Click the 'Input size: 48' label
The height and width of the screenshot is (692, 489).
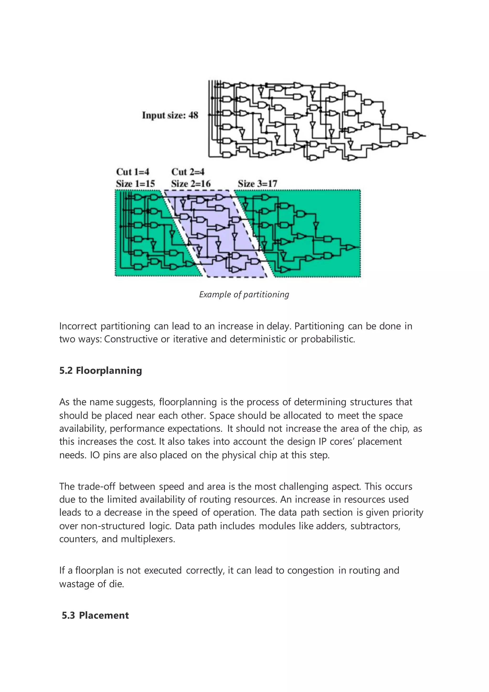click(x=170, y=115)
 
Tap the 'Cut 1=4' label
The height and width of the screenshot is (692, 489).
click(x=133, y=172)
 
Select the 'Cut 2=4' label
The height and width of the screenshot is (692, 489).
click(x=188, y=172)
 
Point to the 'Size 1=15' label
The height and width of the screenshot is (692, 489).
click(x=135, y=184)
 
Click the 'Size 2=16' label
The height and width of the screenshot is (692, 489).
click(x=191, y=184)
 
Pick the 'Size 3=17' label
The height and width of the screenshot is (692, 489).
click(x=257, y=184)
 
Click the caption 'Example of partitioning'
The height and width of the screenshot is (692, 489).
click(x=244, y=294)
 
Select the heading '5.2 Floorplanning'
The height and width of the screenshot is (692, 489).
click(x=100, y=370)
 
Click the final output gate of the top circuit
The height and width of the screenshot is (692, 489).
click(x=416, y=136)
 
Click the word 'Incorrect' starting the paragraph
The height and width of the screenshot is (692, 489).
click(x=78, y=326)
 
